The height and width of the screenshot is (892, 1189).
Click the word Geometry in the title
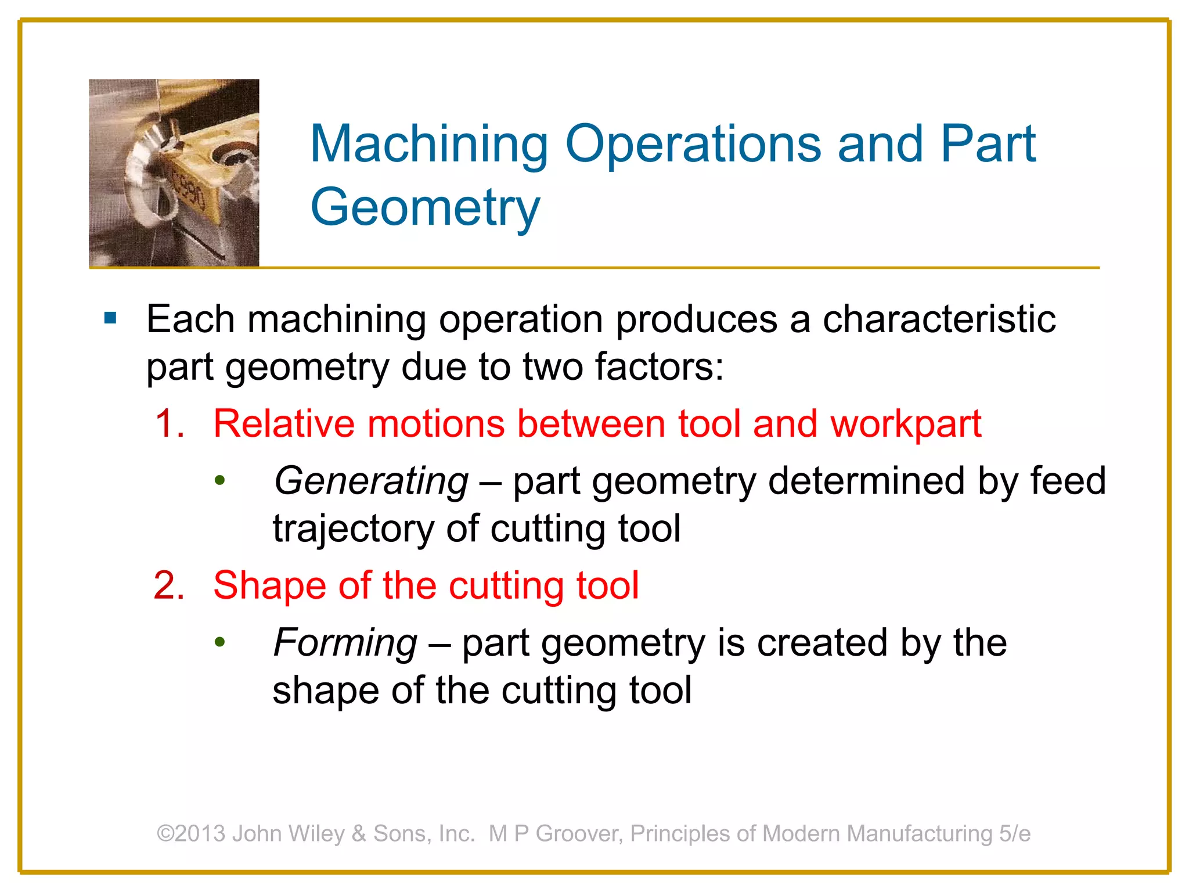(425, 207)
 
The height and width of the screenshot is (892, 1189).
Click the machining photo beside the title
(174, 173)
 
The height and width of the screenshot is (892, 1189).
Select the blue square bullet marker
(110, 318)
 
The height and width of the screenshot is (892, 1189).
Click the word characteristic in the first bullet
(939, 319)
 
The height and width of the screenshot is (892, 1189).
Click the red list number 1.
(169, 423)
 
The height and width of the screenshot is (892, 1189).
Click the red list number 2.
(169, 585)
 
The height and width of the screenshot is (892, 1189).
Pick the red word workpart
(906, 425)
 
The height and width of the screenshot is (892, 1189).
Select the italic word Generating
(371, 481)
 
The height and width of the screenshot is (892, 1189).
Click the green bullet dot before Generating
(219, 481)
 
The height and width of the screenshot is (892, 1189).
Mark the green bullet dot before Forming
(219, 642)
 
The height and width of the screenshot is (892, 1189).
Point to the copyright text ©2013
(191, 833)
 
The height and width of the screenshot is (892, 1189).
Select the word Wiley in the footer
(316, 833)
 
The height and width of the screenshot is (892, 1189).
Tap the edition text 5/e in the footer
(1015, 833)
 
